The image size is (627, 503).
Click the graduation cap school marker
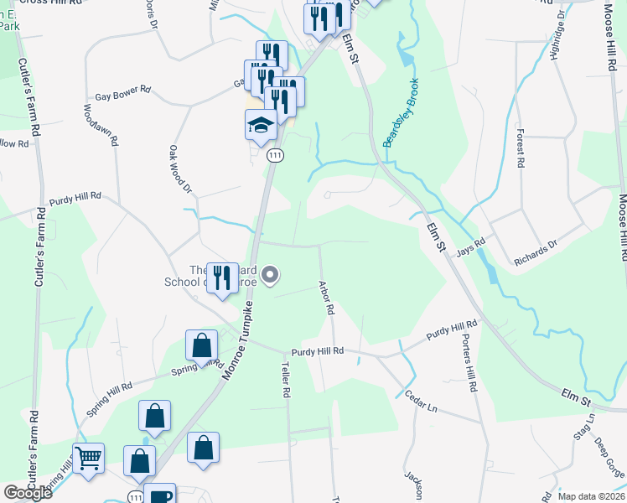pyautogui.click(x=261, y=126)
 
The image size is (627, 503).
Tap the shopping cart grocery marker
pyautogui.click(x=88, y=459)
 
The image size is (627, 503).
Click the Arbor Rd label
pyautogui.click(x=326, y=298)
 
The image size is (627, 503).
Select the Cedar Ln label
pyautogui.click(x=422, y=402)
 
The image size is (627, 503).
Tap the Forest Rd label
pyautogui.click(x=521, y=146)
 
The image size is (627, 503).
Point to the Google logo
pyautogui.click(x=28, y=493)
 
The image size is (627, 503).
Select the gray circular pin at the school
pyautogui.click(x=270, y=274)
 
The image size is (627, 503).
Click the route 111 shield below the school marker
pyautogui.click(x=275, y=155)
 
